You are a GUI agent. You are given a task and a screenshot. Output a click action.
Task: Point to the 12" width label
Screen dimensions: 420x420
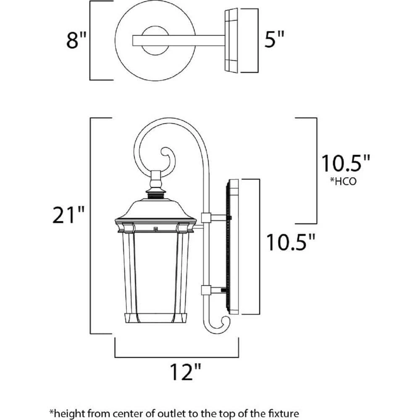[185, 372]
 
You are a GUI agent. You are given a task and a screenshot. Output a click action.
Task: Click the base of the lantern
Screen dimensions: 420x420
[156, 318]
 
